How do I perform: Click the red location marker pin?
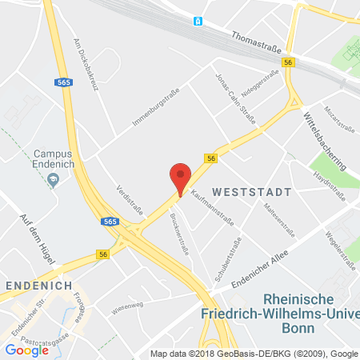click(182, 178)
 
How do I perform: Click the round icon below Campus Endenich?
click(54, 180)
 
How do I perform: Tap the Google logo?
click(26, 349)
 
